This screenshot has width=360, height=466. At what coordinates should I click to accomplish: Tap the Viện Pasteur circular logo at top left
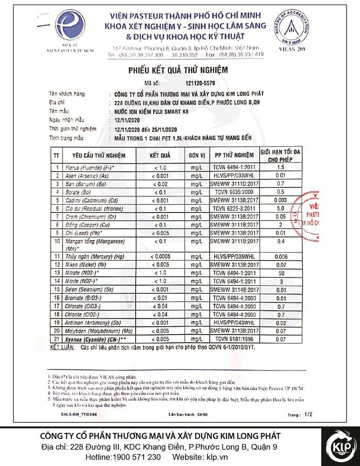click(x=70, y=27)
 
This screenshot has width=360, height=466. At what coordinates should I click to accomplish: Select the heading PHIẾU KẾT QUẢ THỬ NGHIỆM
click(x=178, y=70)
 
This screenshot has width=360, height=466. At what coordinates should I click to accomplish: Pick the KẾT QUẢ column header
click(x=159, y=155)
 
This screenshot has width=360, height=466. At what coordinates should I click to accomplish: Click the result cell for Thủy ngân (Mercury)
click(x=159, y=257)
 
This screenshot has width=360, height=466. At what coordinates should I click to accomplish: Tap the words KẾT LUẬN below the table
click(x=63, y=348)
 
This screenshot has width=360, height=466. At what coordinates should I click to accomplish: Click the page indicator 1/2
click(x=307, y=413)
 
